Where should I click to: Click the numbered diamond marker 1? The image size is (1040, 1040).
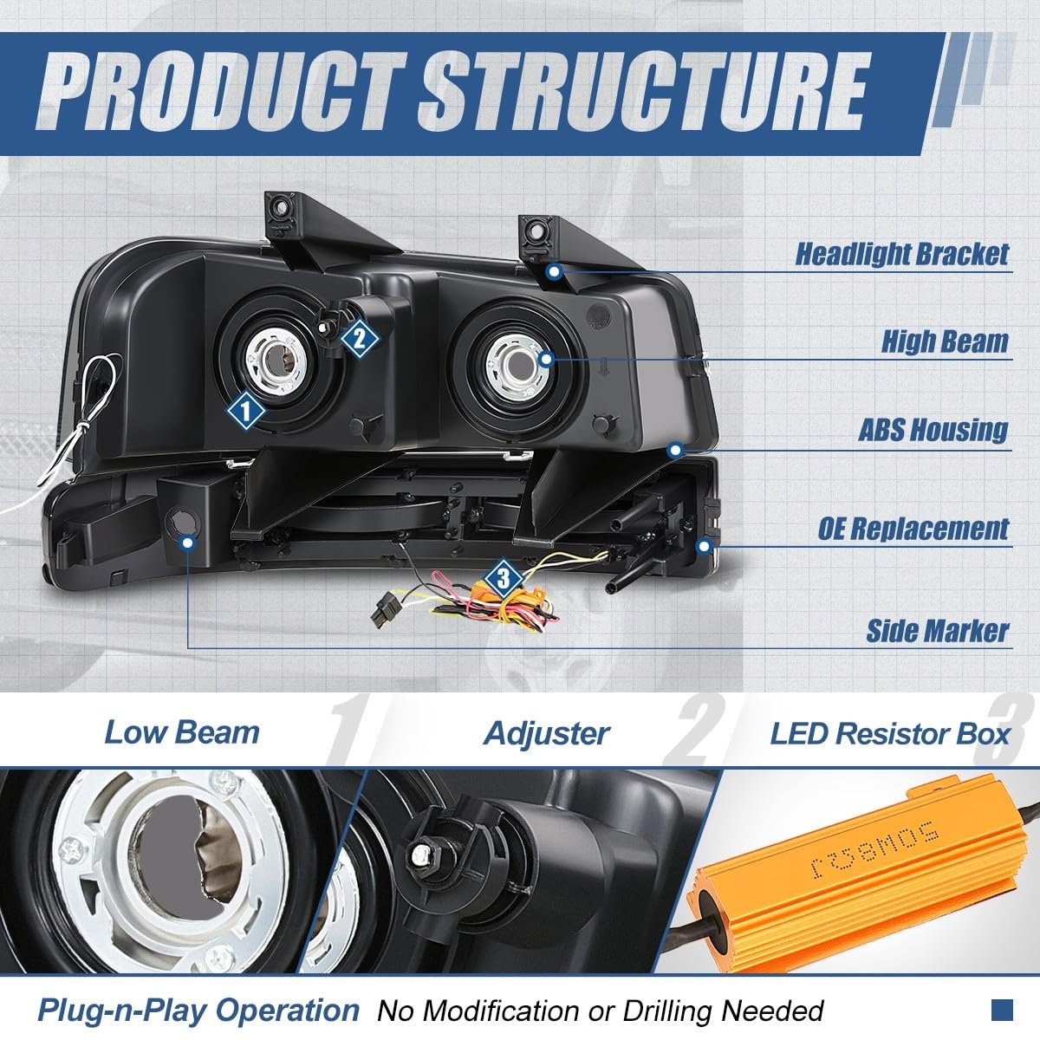coord(245,413)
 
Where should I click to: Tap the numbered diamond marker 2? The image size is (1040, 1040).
coord(360,340)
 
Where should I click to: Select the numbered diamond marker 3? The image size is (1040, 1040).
coord(503,579)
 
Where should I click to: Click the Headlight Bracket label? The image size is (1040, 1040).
coord(902,254)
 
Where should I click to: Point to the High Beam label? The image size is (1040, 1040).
coord(945,341)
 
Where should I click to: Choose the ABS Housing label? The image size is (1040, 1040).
coord(933,430)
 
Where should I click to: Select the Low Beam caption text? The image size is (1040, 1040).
coord(182,733)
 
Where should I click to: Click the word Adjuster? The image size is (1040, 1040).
coord(547,734)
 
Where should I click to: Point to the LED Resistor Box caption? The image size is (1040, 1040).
coord(889,734)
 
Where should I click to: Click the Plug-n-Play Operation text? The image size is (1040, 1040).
coord(198,1011)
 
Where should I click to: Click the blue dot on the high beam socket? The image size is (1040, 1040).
coord(547,358)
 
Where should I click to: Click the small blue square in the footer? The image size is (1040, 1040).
coord(1002,1011)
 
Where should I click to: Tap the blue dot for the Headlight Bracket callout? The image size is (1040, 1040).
coord(555,272)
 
